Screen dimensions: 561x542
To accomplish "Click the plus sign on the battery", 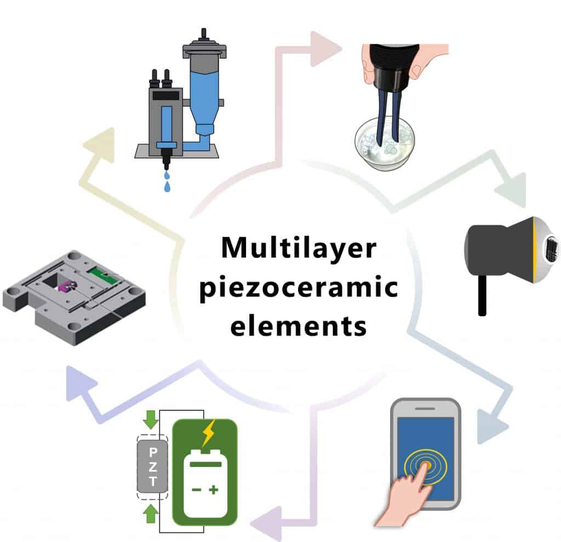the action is [214, 489].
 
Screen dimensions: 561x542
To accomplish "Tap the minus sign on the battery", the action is [197, 489].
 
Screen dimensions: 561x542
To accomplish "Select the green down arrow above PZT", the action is [151, 419].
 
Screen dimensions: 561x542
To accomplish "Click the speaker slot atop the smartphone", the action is [425, 408].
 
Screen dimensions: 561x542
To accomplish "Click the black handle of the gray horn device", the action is [482, 295].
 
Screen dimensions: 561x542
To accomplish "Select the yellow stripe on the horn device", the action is [534, 250].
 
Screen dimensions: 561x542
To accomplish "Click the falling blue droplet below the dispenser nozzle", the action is [167, 186].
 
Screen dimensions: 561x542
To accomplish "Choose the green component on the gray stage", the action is [103, 274].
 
